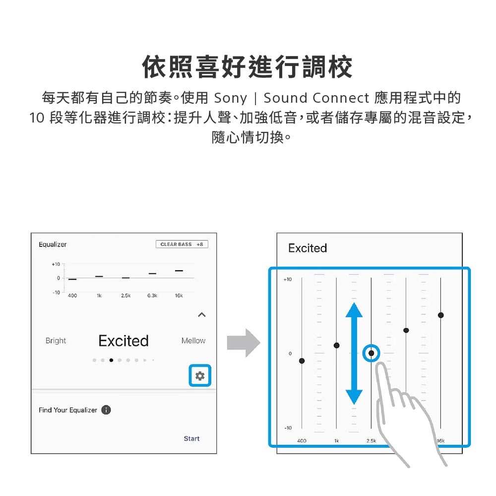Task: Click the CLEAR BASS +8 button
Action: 182,244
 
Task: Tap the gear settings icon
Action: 200,376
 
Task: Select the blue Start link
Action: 191,438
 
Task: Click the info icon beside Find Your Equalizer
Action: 106,410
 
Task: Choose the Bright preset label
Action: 56,341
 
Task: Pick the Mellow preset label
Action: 193,341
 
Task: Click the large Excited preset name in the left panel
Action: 124,341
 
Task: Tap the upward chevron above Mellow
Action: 202,315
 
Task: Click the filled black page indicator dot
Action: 111,360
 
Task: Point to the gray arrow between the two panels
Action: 244,343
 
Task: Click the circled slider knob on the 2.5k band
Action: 372,353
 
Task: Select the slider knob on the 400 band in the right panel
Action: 302,361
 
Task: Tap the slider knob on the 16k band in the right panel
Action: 440,315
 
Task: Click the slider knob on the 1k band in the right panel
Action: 337,345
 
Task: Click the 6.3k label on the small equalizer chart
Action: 152,296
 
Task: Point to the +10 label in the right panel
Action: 288,279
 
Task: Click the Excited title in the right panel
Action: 308,248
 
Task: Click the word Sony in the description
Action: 230,98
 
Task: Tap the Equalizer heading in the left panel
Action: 53,245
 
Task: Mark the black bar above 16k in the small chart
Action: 179,271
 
